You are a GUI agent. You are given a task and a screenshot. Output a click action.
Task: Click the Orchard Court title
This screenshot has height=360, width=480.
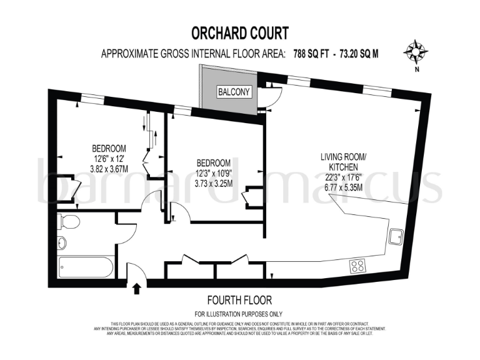click(239, 32)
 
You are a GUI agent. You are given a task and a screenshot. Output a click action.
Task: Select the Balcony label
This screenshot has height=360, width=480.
click(234, 92)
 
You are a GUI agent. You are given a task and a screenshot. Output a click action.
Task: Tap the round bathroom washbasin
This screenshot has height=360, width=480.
click(62, 243)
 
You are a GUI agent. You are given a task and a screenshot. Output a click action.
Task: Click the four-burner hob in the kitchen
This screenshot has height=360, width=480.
click(359, 266)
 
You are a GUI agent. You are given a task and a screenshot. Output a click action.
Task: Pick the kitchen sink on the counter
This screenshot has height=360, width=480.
click(396, 236)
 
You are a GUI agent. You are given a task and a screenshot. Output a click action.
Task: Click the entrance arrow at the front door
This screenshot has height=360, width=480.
click(137, 288)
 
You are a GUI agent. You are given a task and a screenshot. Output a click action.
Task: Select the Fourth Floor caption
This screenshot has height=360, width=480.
click(239, 300)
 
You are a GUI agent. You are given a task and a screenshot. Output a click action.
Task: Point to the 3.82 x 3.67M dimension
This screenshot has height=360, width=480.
click(109, 169)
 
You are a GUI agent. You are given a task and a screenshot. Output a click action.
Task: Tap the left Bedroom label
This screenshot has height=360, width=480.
click(109, 148)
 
